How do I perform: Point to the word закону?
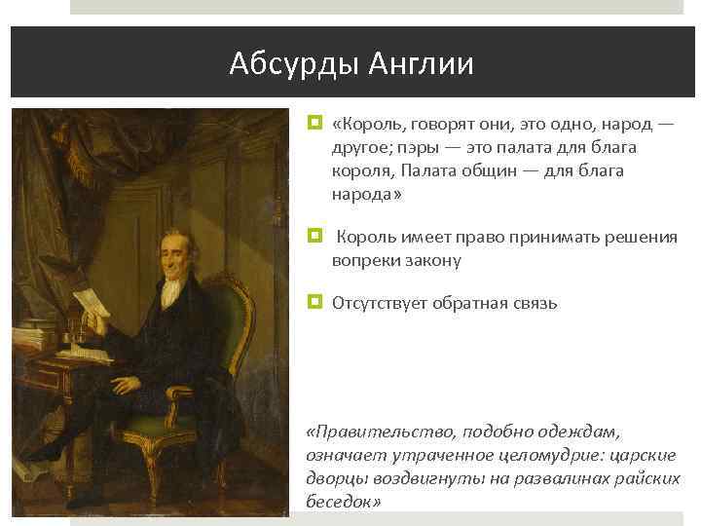coord(430,260)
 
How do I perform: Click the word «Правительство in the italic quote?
coord(382,432)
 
